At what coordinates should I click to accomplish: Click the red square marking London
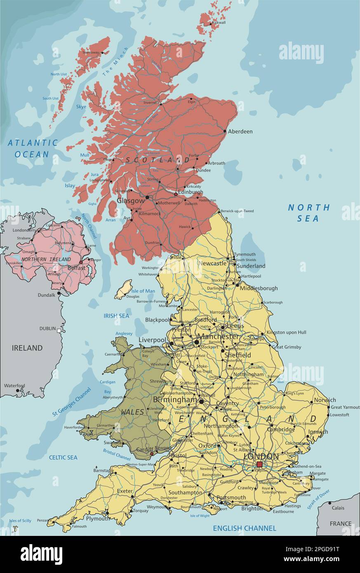click(259, 465)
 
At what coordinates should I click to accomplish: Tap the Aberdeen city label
click(240, 132)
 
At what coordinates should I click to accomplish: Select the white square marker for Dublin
click(59, 330)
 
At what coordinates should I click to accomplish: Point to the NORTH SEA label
click(309, 213)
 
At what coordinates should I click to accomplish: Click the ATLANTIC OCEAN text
click(33, 148)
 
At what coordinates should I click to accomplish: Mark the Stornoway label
click(91, 52)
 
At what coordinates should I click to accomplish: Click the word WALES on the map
click(132, 412)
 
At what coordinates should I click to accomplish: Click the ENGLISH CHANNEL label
click(245, 528)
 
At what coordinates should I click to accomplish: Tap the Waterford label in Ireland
click(14, 386)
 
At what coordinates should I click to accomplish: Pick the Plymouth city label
click(97, 519)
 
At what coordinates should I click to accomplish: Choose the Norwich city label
click(325, 400)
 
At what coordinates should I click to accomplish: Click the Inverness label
click(151, 103)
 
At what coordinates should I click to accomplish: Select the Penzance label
click(45, 520)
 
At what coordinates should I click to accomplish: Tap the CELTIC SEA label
click(63, 457)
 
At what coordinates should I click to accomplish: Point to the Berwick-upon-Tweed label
click(237, 211)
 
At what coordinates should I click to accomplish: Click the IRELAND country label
click(27, 348)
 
